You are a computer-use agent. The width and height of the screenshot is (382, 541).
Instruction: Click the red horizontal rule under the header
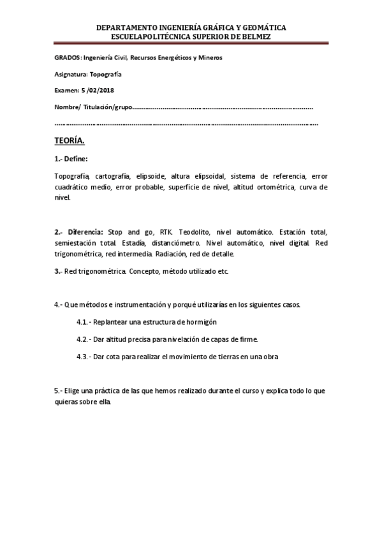pos(191,43)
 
